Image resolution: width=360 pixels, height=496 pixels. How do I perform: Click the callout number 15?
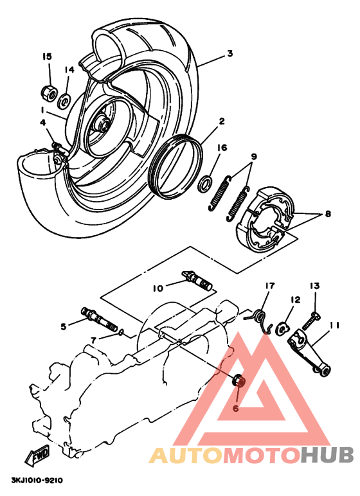[47, 57]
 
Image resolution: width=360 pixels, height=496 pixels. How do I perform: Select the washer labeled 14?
[64, 100]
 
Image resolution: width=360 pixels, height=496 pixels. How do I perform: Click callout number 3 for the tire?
[230, 55]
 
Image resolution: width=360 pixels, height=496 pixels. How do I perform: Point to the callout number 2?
[221, 121]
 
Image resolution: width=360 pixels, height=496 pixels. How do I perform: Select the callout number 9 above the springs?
[253, 157]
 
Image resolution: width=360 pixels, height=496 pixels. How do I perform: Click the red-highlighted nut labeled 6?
[238, 381]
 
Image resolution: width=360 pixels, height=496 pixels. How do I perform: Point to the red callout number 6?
[235, 408]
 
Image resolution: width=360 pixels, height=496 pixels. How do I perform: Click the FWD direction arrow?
[37, 455]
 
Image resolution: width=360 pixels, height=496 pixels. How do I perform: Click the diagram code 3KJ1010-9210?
[36, 480]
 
